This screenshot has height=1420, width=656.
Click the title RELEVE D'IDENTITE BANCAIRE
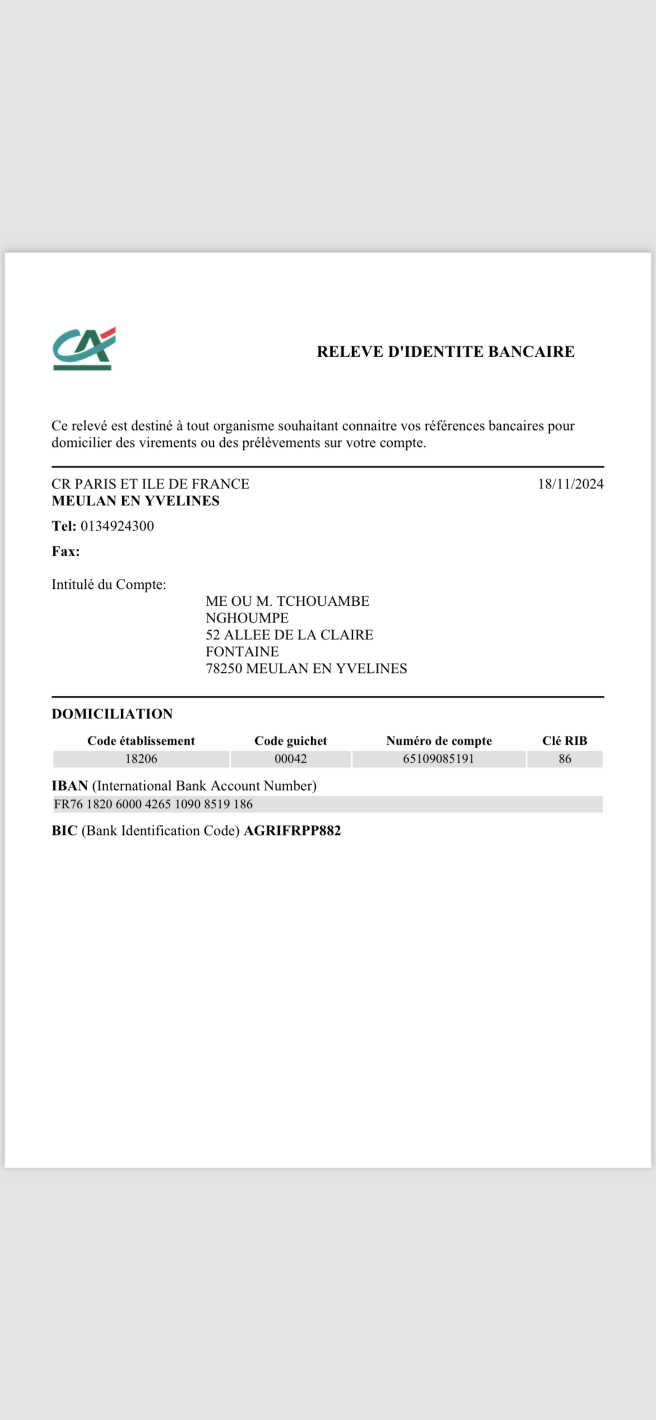[x=445, y=352]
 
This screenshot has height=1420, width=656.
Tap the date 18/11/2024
[x=570, y=484]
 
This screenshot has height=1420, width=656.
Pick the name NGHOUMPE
[x=247, y=618]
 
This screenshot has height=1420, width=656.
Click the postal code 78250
[x=223, y=669]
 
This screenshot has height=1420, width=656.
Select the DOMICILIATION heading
[x=112, y=714]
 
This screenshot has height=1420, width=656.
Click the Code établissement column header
[x=141, y=741]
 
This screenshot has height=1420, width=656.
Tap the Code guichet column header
[x=291, y=741]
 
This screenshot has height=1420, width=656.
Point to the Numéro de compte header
[x=439, y=741]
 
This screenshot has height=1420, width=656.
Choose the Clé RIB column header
[x=564, y=741]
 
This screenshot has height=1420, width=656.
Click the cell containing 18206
[x=141, y=759]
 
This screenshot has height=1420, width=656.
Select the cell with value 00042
[x=291, y=759]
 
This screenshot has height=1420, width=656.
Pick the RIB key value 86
[x=564, y=759]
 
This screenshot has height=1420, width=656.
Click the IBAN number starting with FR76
[x=153, y=804]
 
